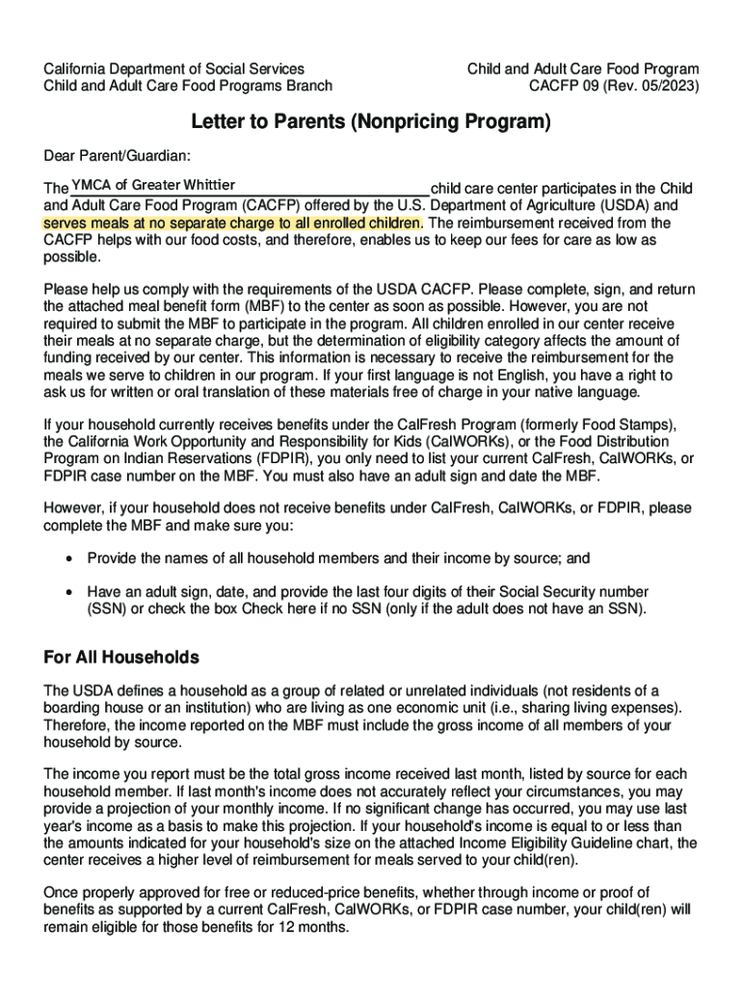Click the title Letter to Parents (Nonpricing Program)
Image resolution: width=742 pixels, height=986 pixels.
pos(371,122)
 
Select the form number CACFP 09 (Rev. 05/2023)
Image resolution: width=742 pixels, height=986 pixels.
pos(615,86)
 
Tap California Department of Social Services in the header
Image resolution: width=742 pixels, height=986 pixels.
pos(174,68)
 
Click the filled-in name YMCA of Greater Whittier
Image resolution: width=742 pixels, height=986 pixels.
pos(153,185)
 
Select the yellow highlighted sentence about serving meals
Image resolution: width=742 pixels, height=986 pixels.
pos(232,222)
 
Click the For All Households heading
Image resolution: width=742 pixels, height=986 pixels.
pos(121,658)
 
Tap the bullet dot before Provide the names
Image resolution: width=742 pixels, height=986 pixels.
pos(67,558)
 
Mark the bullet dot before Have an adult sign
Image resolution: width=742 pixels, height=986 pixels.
pos(67,591)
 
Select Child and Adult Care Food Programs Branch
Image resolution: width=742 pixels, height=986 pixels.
pos(188,86)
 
